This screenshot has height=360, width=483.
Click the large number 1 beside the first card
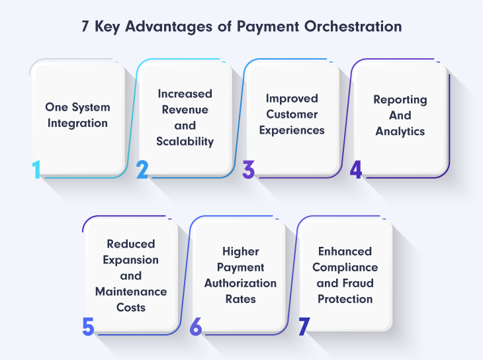(36, 169)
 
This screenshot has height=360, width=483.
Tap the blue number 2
(142, 169)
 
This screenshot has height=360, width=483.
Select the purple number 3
(249, 169)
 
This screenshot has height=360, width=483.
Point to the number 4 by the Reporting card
(356, 169)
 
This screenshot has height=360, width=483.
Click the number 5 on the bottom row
(88, 326)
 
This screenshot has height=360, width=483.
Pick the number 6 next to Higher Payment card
(196, 326)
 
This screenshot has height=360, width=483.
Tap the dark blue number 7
(304, 326)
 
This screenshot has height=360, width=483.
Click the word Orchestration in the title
(353, 26)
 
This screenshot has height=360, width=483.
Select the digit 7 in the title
(85, 26)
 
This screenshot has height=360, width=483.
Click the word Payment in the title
(268, 27)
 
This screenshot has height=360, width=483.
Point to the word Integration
(77, 123)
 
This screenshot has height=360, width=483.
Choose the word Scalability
(185, 142)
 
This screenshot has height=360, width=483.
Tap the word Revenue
(185, 110)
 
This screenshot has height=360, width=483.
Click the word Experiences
(292, 130)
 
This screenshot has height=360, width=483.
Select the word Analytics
(400, 131)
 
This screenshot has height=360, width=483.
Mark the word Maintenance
(131, 292)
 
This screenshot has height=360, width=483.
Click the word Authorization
(241, 283)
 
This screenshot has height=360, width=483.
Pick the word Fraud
(357, 283)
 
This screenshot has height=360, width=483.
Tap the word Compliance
(345, 267)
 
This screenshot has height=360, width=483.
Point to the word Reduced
(131, 244)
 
